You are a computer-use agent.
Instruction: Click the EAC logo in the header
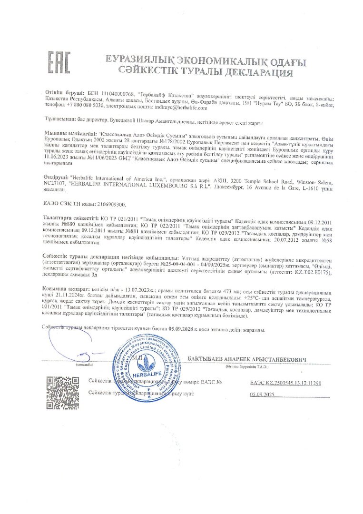tap(59, 66)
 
